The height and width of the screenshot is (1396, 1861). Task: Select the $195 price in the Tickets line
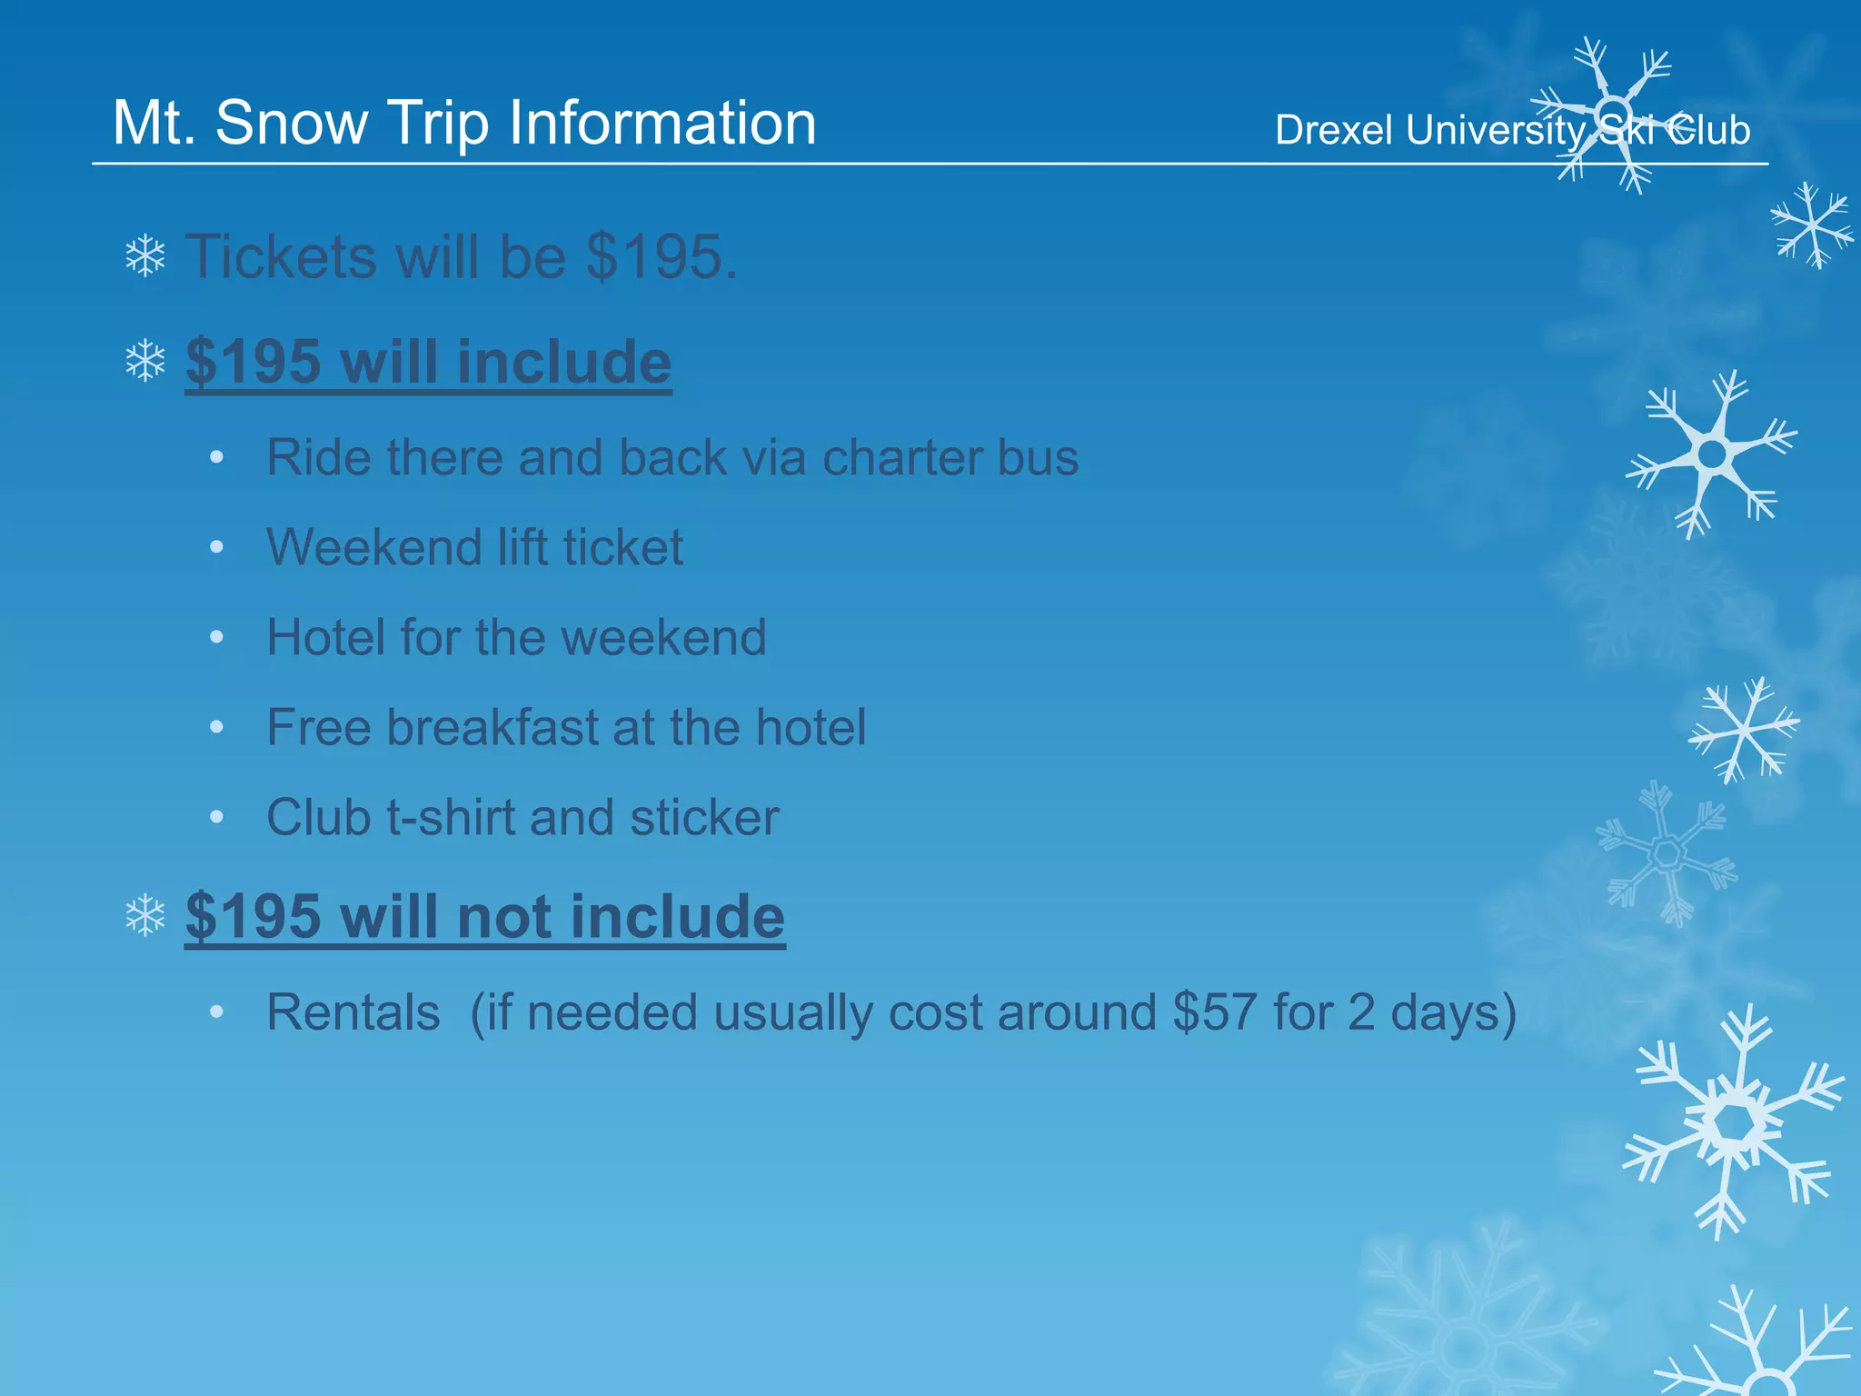pos(661,257)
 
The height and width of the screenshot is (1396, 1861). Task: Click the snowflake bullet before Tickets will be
pos(145,257)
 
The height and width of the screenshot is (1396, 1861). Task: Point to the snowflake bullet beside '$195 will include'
pos(145,362)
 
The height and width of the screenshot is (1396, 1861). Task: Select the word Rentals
pos(353,1012)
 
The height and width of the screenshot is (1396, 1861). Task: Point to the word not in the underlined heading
pos(504,916)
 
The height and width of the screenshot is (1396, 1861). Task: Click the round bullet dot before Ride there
pos(216,457)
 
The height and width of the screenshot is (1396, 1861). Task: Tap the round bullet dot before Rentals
pos(216,1012)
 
